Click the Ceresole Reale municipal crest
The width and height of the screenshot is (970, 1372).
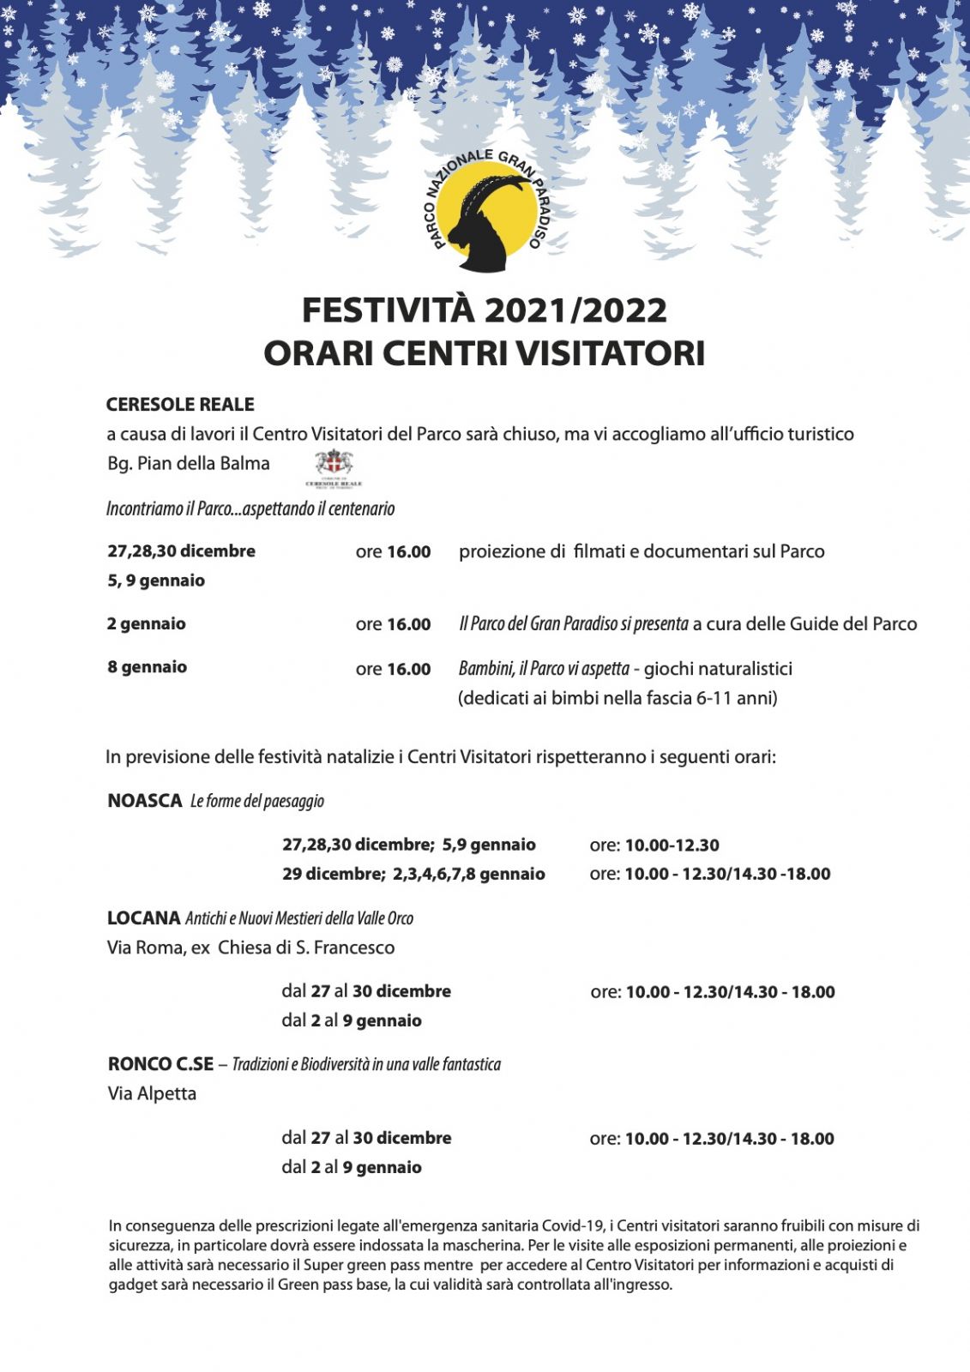[x=334, y=467]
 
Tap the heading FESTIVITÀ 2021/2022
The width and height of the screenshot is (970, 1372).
[x=485, y=310]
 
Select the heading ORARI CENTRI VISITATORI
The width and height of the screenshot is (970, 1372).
[x=485, y=353]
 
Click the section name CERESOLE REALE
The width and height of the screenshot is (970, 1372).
[x=180, y=405]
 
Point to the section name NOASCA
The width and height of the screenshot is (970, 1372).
[x=145, y=801]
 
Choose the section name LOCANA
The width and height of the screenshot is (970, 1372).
[x=143, y=918]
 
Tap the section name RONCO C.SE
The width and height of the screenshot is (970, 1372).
[x=160, y=1064]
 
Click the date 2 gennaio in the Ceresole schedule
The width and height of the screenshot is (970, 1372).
[x=147, y=624]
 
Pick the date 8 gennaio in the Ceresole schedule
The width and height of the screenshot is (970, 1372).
[x=147, y=667]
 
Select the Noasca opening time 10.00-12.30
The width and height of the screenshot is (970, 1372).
[x=672, y=845]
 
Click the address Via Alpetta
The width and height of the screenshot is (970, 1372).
[x=152, y=1094]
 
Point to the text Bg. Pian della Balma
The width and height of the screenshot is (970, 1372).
[x=189, y=464]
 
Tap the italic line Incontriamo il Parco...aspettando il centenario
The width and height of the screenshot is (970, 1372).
[x=250, y=509]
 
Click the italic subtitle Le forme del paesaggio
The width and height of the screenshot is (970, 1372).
[x=257, y=802]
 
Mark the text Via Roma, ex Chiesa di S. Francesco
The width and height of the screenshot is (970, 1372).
[x=250, y=948]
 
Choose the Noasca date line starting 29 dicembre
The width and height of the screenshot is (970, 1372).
[x=413, y=875]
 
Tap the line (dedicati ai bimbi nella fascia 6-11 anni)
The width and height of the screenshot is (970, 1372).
[x=618, y=699]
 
